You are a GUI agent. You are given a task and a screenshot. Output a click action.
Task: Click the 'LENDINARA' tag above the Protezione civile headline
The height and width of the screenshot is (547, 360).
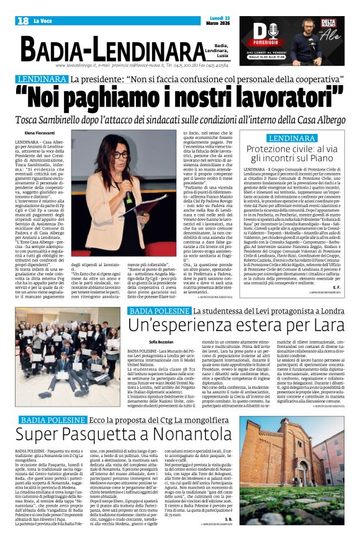tap(292, 138)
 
